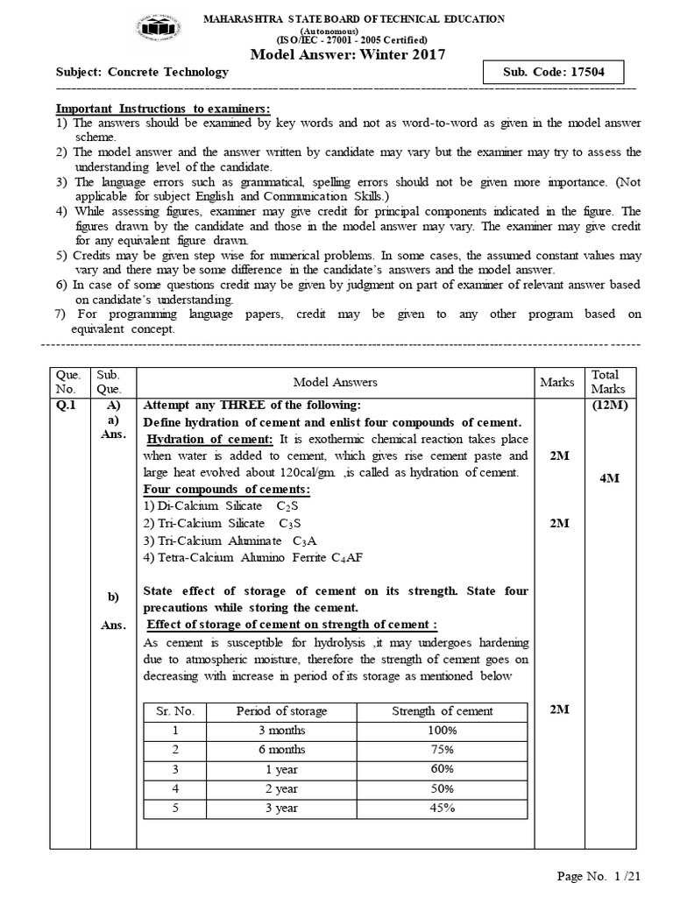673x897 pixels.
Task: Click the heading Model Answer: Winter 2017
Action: [x=348, y=54]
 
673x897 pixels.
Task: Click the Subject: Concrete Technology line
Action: [x=143, y=73]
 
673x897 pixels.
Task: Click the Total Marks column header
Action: [x=605, y=382]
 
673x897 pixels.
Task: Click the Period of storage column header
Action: [x=281, y=711]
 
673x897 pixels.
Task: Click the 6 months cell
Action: [x=281, y=750]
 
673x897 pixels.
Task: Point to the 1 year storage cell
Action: [x=281, y=769]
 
